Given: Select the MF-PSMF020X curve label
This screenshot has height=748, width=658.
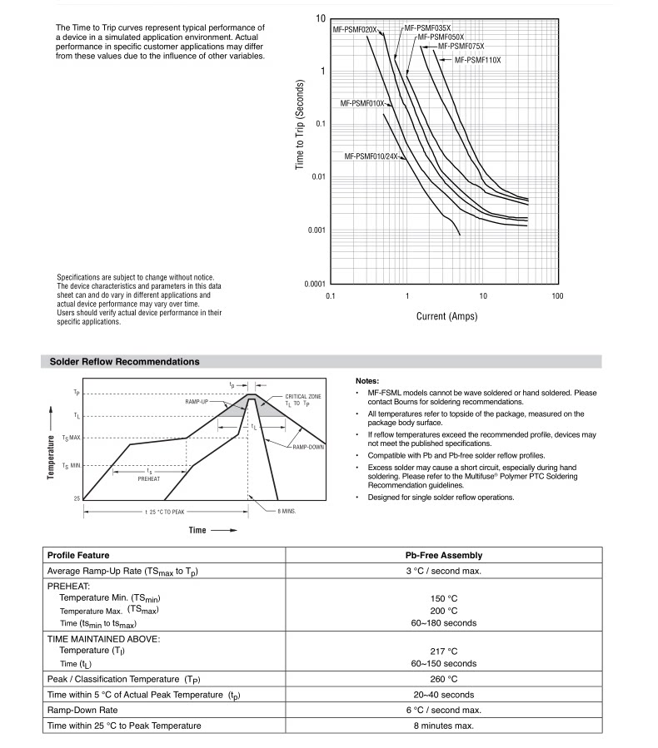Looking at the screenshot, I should click(356, 30).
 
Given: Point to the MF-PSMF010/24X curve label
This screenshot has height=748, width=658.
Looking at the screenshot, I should click(371, 156).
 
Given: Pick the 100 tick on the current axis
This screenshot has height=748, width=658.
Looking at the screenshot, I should click(557, 296).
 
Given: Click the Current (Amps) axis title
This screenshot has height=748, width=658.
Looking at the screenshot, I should click(446, 316).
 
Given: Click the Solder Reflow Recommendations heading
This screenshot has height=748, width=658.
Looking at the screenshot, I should click(124, 362).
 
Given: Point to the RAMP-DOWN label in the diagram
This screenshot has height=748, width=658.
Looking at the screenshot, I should click(308, 448).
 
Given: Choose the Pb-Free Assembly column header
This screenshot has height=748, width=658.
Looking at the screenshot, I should click(443, 555).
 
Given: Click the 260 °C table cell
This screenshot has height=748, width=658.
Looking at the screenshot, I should click(443, 679).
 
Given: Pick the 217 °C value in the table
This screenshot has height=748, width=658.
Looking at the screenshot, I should click(443, 651).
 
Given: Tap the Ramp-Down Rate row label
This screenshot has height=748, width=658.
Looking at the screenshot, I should click(82, 710).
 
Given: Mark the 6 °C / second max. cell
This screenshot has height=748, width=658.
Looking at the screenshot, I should click(443, 710).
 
